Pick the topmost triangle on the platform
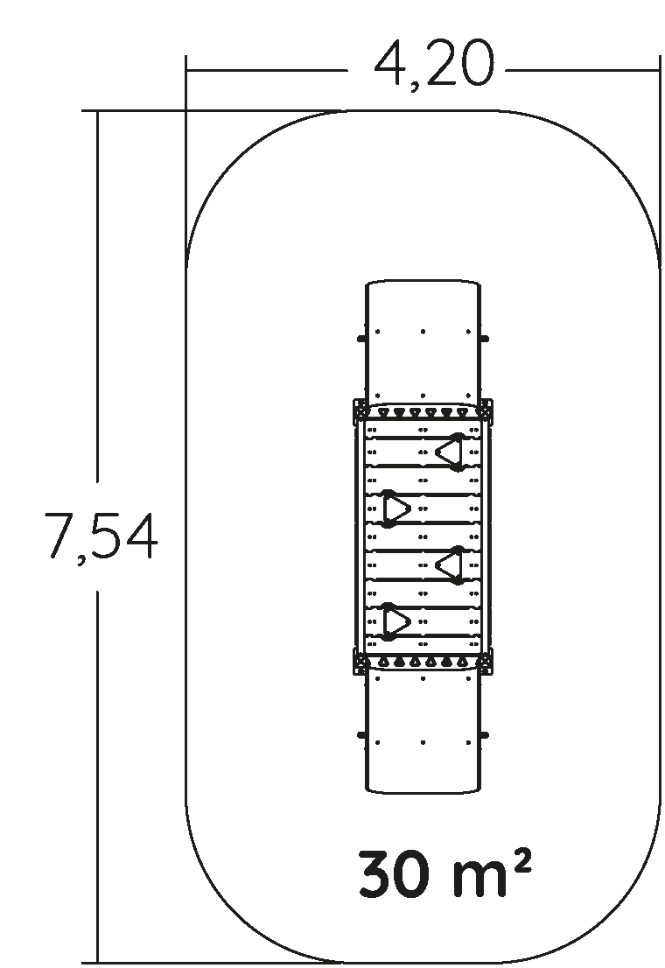450,452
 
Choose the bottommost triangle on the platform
395,621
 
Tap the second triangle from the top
395,509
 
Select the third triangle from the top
450,565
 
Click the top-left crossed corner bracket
360,408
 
